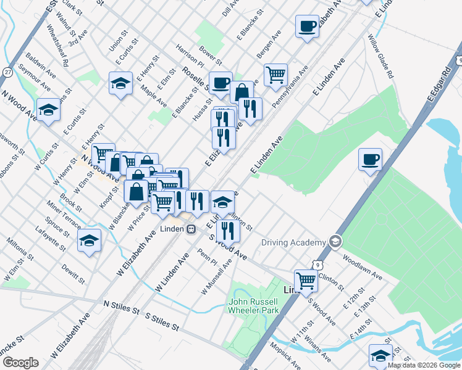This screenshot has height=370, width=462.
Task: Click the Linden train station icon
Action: coord(191,229)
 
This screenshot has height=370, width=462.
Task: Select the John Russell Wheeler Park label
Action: coord(254,306)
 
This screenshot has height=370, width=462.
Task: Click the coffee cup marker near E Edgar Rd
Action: coord(370,160)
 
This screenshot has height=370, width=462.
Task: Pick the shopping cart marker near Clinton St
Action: coord(306,281)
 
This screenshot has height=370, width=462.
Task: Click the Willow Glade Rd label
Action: coord(380,56)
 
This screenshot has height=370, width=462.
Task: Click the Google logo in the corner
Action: coord(20,363)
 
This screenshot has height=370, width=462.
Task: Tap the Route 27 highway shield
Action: coord(7,72)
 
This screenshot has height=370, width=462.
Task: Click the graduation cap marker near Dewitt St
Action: coord(89,240)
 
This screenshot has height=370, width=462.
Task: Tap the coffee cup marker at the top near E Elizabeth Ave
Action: coord(307,26)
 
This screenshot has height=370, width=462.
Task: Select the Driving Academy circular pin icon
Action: coord(336,240)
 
